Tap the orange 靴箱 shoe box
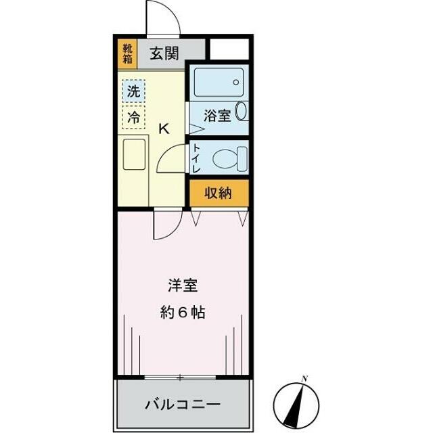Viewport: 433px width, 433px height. coord(127,53)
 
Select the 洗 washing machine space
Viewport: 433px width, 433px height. coord(134,91)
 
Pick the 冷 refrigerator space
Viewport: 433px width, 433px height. coord(134,116)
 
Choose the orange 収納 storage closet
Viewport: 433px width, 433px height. coord(219,193)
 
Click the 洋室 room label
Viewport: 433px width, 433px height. coord(183,286)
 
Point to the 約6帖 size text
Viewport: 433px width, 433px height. coord(183,313)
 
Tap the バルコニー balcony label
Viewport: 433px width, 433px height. coord(183,405)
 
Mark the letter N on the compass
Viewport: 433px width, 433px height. coord(305,378)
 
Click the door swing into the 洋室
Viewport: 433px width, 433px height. coord(166,226)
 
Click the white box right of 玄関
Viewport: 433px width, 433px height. coord(230,49)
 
